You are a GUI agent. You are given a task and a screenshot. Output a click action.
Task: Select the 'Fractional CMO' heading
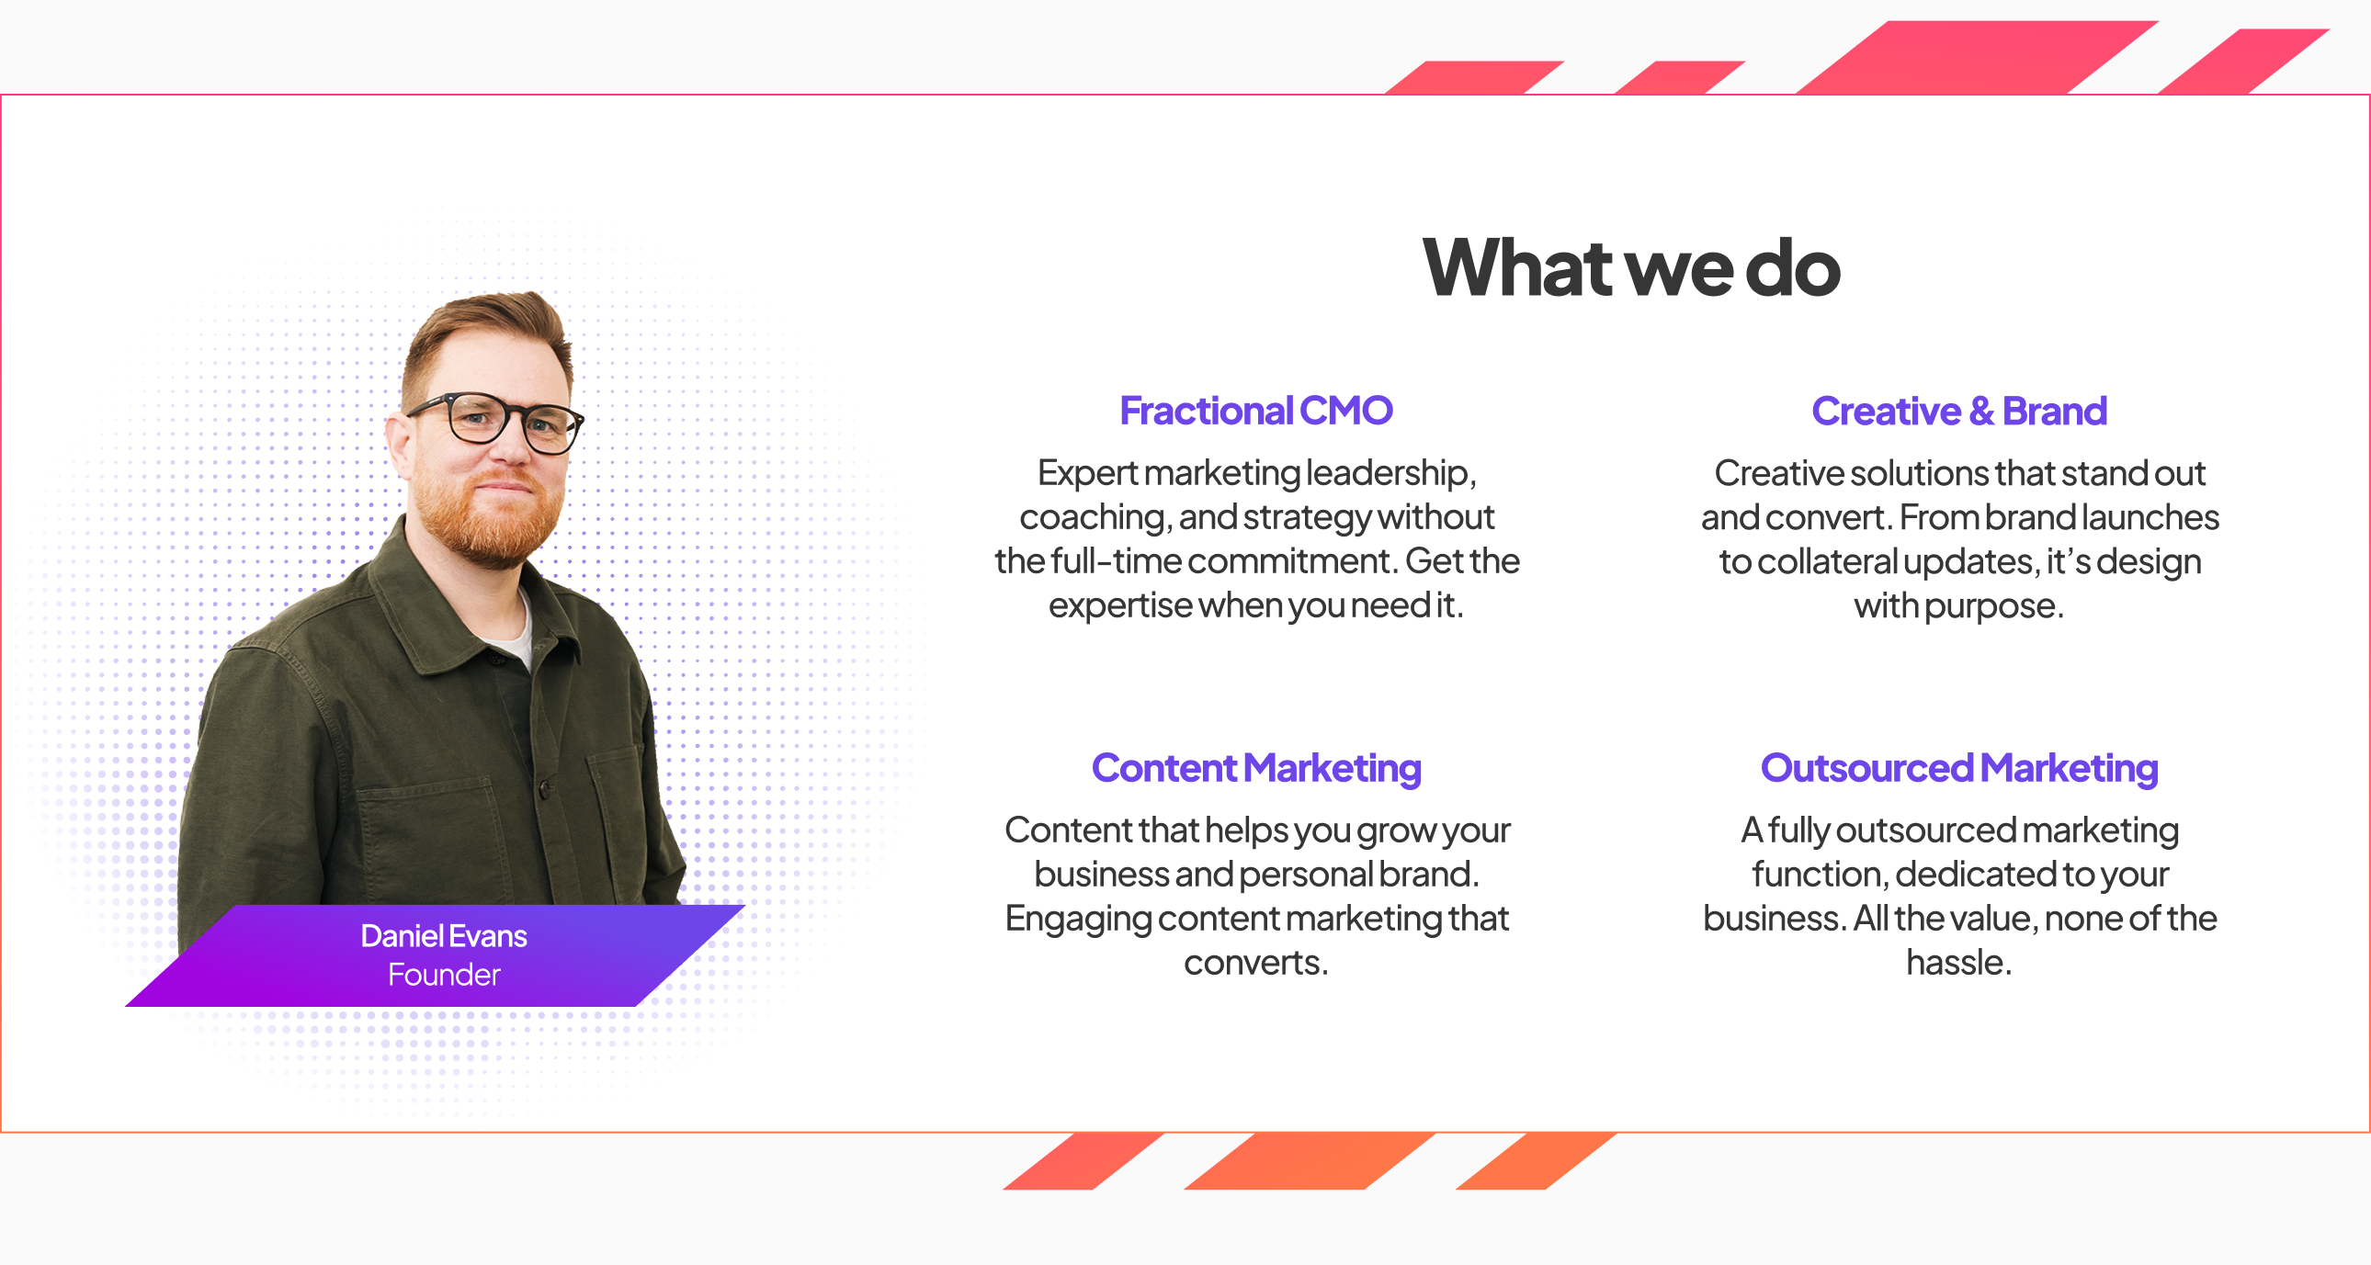point(1256,411)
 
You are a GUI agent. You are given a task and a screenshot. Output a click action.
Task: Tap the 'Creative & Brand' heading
point(1958,411)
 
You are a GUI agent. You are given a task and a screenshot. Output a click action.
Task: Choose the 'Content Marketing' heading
point(1256,768)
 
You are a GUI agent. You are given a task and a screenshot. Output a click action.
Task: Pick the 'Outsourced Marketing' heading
point(1958,768)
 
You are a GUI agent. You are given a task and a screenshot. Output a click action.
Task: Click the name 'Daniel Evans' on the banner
point(444,935)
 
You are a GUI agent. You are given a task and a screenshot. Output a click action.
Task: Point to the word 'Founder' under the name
point(444,975)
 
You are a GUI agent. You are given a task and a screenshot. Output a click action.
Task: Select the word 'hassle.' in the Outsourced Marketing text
point(1958,963)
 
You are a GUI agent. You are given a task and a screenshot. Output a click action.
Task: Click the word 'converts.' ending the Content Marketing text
point(1256,964)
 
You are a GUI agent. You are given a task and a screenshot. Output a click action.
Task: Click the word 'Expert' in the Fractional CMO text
point(1088,474)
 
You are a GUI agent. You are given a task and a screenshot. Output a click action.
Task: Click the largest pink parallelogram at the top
point(1977,57)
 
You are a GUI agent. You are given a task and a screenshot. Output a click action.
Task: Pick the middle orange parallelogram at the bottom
point(1310,1161)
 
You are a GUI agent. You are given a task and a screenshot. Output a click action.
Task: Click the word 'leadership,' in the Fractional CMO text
point(1390,474)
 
